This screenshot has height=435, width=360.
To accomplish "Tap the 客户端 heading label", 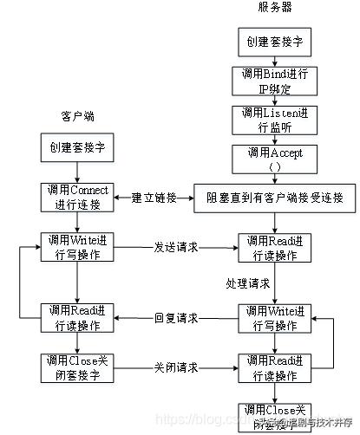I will (77, 114).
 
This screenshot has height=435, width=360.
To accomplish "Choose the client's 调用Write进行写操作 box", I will (78, 246).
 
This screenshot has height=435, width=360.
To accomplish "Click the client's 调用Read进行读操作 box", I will (78, 318).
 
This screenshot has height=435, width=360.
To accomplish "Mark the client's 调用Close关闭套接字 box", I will (78, 367).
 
